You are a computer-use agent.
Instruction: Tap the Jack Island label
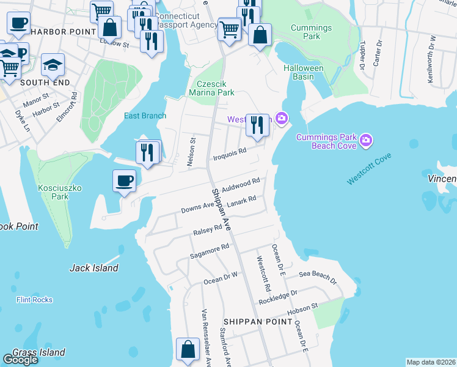(x=93, y=268)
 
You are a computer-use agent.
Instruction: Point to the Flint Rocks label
(x=34, y=300)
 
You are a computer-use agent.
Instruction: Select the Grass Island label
(x=38, y=352)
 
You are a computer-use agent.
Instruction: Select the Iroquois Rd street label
(x=229, y=154)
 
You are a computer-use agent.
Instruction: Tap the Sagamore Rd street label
(x=209, y=251)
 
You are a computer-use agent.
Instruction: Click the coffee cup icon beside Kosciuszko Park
(x=125, y=181)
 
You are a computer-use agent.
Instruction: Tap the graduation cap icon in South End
(x=53, y=64)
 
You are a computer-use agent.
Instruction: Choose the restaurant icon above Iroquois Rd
(x=257, y=125)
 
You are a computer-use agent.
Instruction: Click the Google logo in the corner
(x=20, y=360)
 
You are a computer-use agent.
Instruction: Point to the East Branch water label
(x=145, y=116)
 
